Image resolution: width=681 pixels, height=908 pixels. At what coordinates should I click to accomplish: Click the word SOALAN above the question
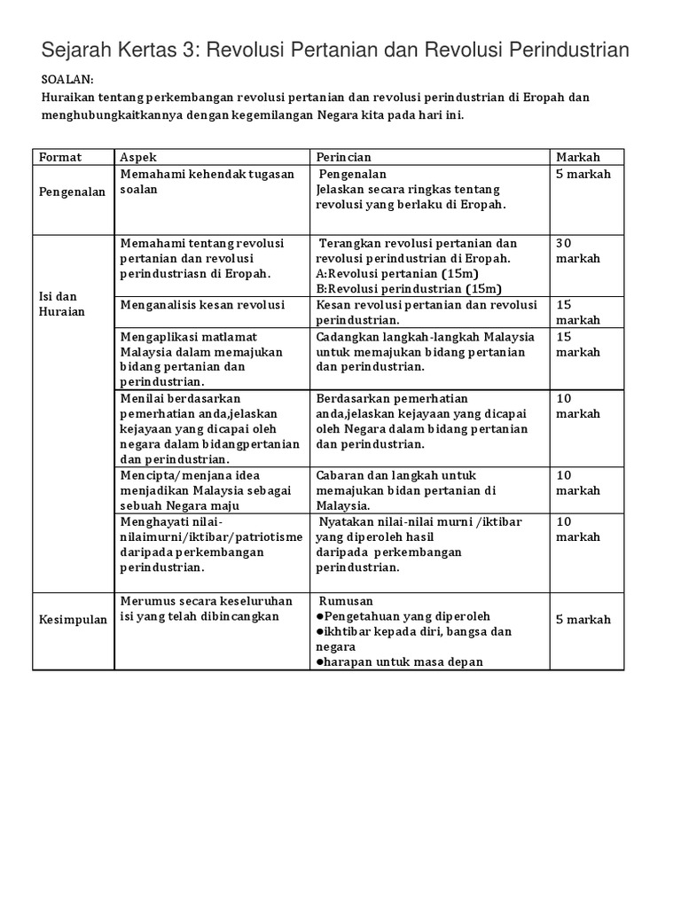(x=66, y=79)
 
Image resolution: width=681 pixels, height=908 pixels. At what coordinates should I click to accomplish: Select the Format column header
(x=60, y=157)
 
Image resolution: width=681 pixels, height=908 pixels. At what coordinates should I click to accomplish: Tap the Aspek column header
(x=138, y=157)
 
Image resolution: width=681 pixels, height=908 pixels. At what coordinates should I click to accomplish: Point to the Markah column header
(x=578, y=157)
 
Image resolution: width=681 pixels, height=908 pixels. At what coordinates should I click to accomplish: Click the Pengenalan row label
(x=72, y=191)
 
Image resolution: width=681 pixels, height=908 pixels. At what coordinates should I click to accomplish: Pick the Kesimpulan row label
(x=73, y=620)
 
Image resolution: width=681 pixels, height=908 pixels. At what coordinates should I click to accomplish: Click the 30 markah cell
(x=577, y=251)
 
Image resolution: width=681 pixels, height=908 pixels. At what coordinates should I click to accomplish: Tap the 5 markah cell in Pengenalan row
(x=583, y=174)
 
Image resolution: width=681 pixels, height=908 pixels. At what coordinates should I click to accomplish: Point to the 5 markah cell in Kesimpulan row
(x=583, y=620)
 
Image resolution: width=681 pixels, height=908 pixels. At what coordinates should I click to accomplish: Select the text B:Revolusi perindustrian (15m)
(x=408, y=289)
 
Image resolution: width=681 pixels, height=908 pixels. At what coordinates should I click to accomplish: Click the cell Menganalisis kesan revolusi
(x=202, y=305)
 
